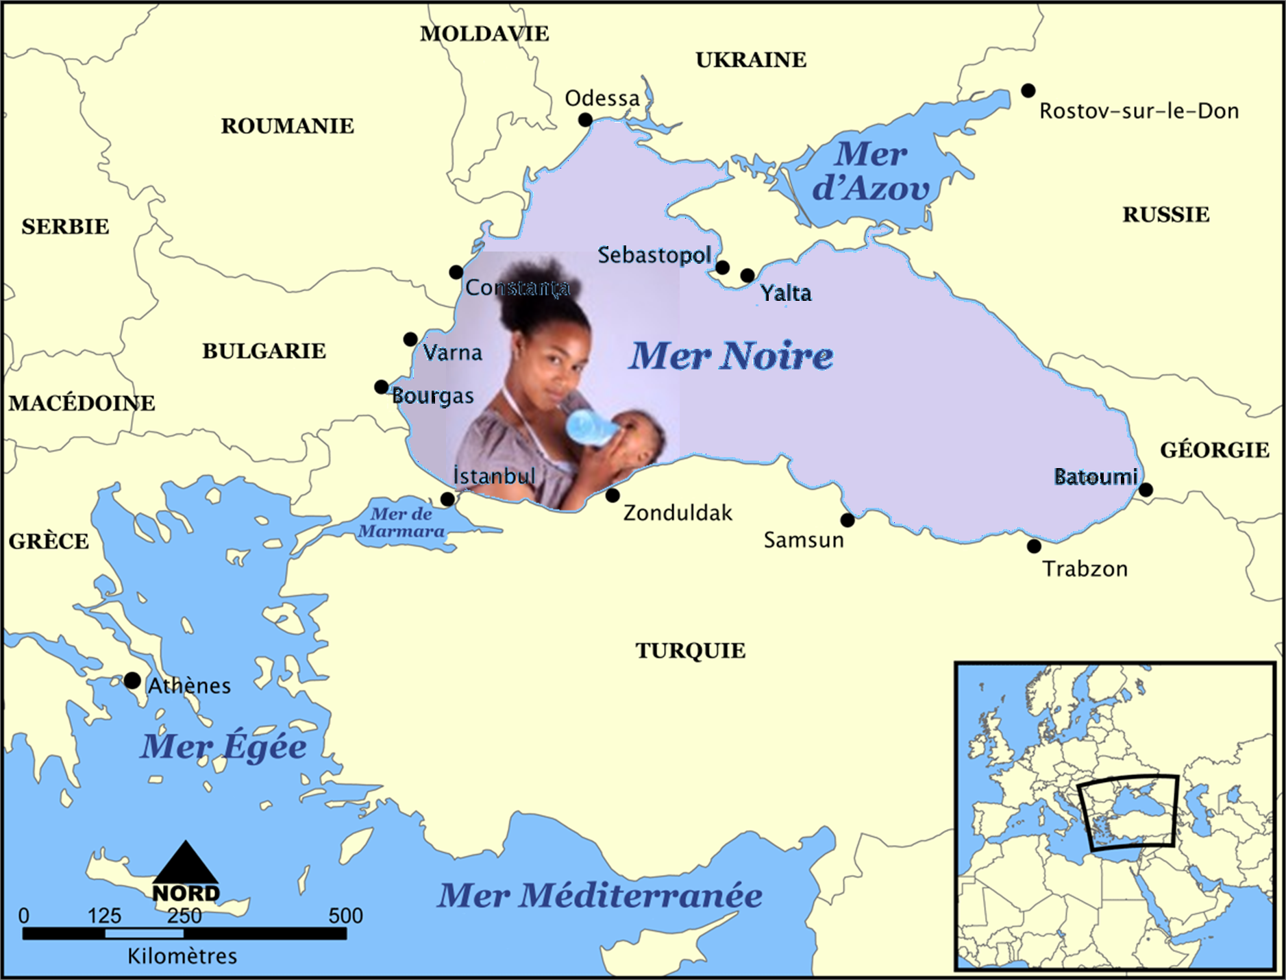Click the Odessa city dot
pyautogui.click(x=585, y=120)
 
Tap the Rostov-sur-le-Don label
pyautogui.click(x=1139, y=111)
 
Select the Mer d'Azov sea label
pyautogui.click(x=870, y=171)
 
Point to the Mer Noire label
pyautogui.click(x=731, y=355)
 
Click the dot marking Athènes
pyautogui.click(x=132, y=681)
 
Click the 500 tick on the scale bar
pyautogui.click(x=345, y=916)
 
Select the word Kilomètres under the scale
pyautogui.click(x=182, y=956)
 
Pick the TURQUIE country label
pyautogui.click(x=690, y=650)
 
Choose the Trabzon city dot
pyautogui.click(x=1034, y=546)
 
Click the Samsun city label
pyautogui.click(x=804, y=540)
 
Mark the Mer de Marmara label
pyautogui.click(x=401, y=522)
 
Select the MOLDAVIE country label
pyautogui.click(x=484, y=34)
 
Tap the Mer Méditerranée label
pyautogui.click(x=599, y=895)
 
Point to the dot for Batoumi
pyautogui.click(x=1146, y=489)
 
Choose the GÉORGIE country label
pyautogui.click(x=1214, y=450)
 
